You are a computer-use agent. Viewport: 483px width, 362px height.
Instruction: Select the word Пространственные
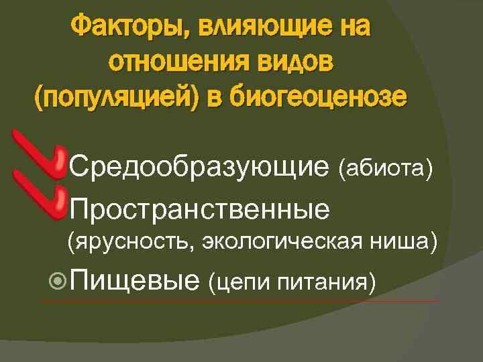coord(199,208)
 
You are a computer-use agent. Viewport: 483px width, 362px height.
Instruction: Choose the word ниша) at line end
coord(410,241)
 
